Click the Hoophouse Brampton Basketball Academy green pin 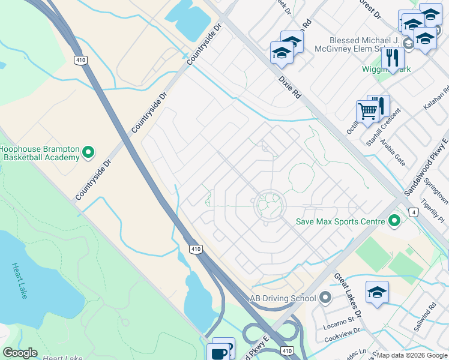[x=88, y=152]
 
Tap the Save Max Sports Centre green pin [x=394, y=221]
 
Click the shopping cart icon [x=367, y=110]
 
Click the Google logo [x=20, y=353]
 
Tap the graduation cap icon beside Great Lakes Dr [x=377, y=292]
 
